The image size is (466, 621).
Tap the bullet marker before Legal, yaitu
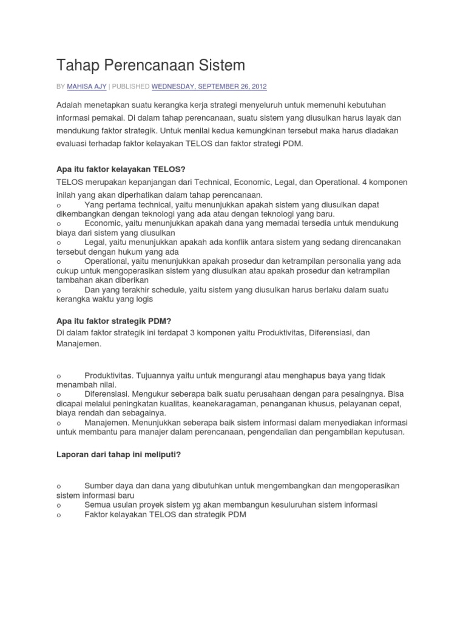pos(58,243)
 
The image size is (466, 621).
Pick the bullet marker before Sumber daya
pos(58,486)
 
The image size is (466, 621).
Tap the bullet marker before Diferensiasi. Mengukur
pos(58,394)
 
